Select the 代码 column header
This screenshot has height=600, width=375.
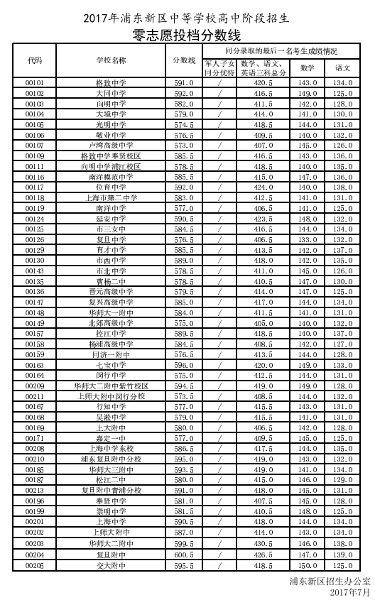pos(35,60)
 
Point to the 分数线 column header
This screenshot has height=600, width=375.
pos(184,60)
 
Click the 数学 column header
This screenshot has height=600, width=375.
pos(308,67)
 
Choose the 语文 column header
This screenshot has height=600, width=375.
pos(343,67)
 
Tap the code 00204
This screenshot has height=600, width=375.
pos(35,555)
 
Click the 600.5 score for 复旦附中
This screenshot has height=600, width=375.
pos(184,555)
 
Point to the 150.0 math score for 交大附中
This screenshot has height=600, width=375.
pos(308,566)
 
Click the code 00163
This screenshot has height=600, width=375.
pos(35,365)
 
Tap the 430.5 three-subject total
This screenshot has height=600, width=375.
pos(263,543)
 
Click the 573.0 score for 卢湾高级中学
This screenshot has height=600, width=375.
pos(184,145)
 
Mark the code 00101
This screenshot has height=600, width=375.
pos(35,83)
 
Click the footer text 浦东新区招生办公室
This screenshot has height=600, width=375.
pos(330,581)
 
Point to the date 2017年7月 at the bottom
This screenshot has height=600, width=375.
pos(350,591)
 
